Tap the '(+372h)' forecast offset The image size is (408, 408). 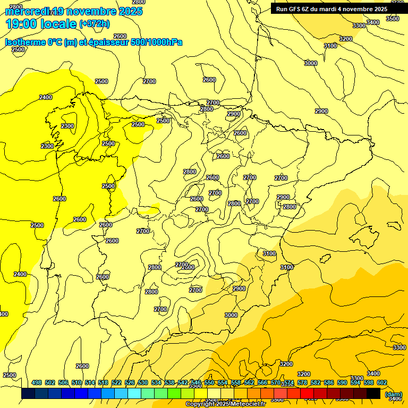click(x=94, y=23)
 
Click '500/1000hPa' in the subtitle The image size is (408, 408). click(x=157, y=42)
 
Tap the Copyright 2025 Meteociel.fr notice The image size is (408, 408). click(x=225, y=404)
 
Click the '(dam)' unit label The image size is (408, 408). click(x=393, y=394)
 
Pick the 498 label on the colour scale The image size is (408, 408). click(x=37, y=383)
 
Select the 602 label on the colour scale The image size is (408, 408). click(x=382, y=383)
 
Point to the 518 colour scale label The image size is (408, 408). click(x=103, y=383)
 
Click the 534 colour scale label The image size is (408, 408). click(x=156, y=383)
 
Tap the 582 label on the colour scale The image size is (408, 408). click(x=316, y=383)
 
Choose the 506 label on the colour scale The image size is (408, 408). click(x=63, y=383)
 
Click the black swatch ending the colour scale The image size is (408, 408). click(x=373, y=394)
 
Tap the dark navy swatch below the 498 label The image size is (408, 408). click(x=28, y=394)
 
